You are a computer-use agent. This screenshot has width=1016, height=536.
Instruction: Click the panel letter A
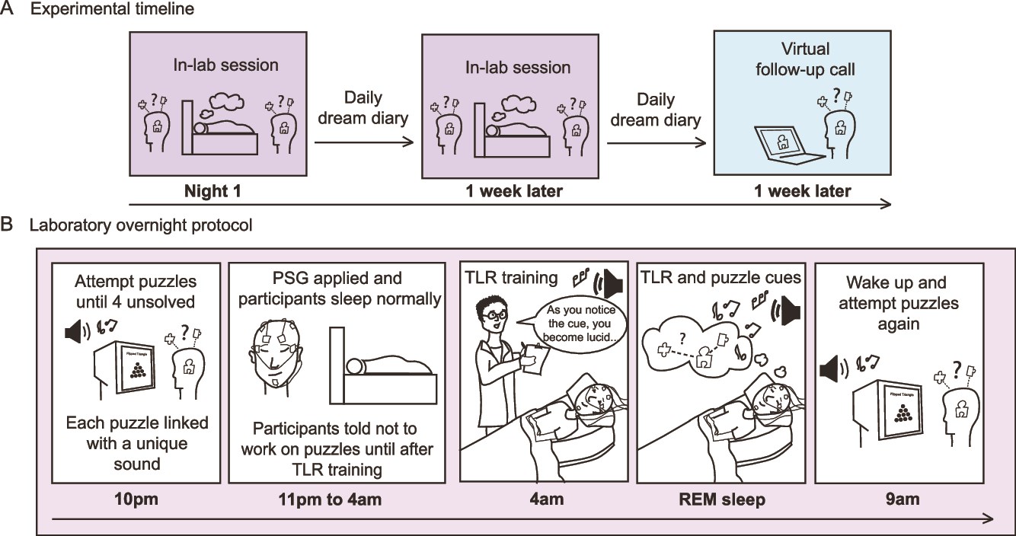click(8, 10)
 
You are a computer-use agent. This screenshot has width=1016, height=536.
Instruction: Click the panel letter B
click(8, 226)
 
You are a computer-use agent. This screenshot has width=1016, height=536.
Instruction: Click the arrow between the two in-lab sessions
click(363, 141)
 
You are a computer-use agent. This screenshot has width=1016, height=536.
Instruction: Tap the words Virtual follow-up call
click(805, 59)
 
